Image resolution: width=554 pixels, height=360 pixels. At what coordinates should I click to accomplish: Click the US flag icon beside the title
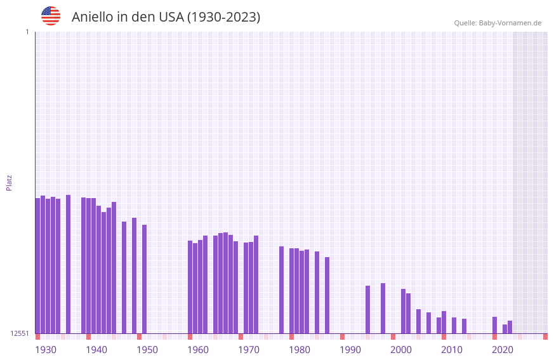point(51,16)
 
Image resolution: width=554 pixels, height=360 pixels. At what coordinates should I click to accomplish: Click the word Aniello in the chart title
point(92,17)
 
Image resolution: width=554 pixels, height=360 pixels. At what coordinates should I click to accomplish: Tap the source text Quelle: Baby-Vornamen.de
point(498,23)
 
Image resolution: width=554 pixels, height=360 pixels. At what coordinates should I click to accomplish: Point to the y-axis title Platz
point(9,182)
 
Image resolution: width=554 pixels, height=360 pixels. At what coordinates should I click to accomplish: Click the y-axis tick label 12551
point(20,333)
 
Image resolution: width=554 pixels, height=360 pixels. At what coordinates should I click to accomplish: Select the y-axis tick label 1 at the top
point(27,32)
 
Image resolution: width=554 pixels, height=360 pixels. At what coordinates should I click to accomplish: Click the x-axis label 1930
point(46,350)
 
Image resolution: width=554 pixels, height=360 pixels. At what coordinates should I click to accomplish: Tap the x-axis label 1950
point(147,350)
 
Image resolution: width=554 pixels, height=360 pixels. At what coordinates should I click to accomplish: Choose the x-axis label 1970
point(249,350)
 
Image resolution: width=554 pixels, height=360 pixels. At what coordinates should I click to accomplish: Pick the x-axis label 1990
point(350,350)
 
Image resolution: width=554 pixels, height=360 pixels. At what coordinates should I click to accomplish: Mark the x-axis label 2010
point(452,350)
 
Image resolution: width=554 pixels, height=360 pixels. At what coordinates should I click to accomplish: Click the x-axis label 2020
point(503,350)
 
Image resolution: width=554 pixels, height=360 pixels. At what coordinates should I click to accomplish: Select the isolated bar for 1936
point(69,263)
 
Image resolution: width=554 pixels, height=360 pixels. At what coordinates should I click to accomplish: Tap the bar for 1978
point(281,290)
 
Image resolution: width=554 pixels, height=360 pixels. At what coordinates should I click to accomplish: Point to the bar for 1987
point(327,295)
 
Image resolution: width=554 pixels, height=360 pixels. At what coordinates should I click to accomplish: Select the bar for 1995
point(367,309)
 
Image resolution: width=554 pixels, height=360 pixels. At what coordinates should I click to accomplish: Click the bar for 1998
point(383,308)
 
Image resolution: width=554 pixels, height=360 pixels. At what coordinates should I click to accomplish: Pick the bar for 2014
point(465,326)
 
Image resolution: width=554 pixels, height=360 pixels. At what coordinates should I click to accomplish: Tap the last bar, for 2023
point(510,327)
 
